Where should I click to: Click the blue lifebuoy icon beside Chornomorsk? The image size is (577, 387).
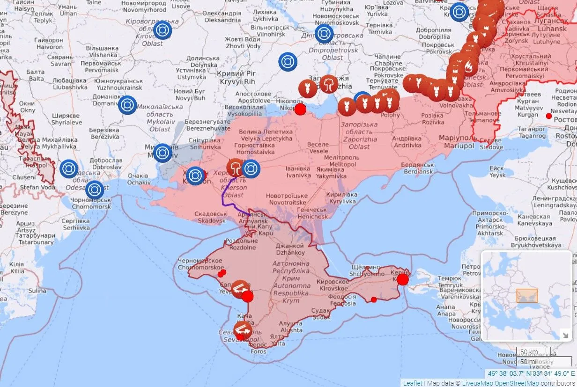[x=95, y=190]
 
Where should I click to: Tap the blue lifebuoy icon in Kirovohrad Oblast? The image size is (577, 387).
[x=163, y=30]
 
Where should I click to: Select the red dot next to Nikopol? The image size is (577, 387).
[x=300, y=110]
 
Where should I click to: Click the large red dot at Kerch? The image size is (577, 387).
[x=403, y=279]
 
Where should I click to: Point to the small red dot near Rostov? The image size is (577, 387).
[x=549, y=116]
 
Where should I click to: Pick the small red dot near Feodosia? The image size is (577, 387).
[x=374, y=299]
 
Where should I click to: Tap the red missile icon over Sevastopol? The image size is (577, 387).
[x=243, y=329]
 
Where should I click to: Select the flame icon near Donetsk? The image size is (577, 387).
[x=468, y=68]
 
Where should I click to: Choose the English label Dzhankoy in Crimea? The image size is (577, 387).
[x=290, y=253]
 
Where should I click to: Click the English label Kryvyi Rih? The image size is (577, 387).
[x=239, y=81]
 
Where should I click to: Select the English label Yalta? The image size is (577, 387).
[x=278, y=343]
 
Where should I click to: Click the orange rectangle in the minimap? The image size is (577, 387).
[x=527, y=295]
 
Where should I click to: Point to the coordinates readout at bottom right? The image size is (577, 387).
[x=531, y=373]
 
